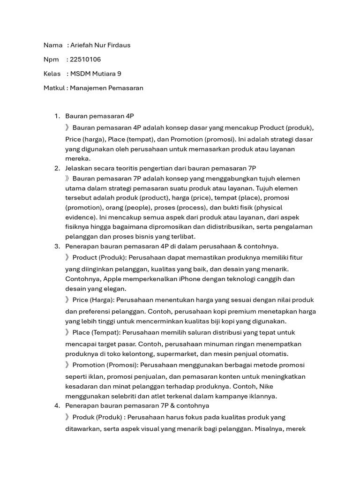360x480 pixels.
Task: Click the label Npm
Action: [51, 59]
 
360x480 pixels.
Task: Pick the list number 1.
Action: [56, 116]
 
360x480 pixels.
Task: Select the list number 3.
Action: [56, 246]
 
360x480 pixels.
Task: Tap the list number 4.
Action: [56, 405]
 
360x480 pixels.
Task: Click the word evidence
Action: [79, 217]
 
